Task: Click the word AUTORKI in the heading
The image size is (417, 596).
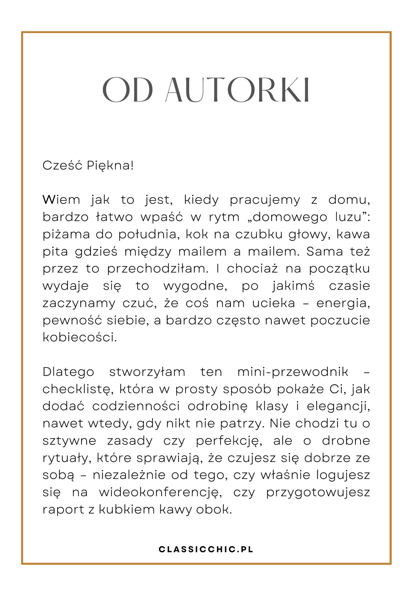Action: click(x=238, y=90)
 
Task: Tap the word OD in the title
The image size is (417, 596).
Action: click(x=127, y=90)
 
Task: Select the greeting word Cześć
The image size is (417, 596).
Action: click(x=62, y=166)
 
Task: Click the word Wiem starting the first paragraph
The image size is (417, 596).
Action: click(x=61, y=200)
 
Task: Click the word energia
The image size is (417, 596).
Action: click(x=343, y=304)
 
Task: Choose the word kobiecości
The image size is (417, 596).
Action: click(x=80, y=338)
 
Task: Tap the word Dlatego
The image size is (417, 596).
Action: click(x=68, y=372)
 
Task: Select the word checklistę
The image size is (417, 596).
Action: click(x=78, y=389)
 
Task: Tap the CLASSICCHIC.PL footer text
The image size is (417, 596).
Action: click(x=206, y=550)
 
